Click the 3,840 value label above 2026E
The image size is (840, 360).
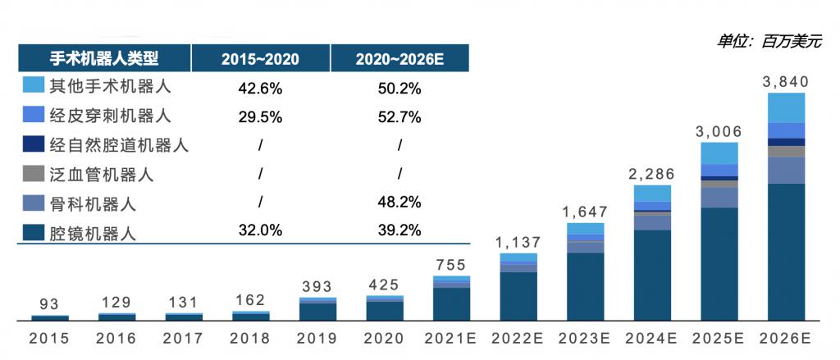(785, 81)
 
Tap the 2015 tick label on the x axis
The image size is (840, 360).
(49, 338)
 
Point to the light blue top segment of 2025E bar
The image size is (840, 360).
(719, 153)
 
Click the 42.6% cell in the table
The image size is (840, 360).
(260, 87)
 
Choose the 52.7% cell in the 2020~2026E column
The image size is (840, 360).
(399, 116)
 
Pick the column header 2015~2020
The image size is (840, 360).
(260, 58)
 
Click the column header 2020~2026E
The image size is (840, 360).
(399, 58)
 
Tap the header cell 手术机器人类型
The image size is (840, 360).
(104, 58)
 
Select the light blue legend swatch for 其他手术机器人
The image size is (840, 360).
(34, 85)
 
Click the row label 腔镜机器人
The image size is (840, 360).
(93, 233)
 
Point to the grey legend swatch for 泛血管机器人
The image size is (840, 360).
(34, 174)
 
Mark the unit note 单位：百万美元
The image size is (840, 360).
(769, 41)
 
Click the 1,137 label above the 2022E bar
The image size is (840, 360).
(518, 243)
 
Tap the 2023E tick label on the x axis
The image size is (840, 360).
(586, 338)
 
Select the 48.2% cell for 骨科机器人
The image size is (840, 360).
(399, 202)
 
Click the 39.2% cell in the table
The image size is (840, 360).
(399, 230)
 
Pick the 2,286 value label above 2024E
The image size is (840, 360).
(652, 174)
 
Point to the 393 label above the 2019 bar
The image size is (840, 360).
(317, 287)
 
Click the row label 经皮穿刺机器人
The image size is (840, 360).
(110, 116)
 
